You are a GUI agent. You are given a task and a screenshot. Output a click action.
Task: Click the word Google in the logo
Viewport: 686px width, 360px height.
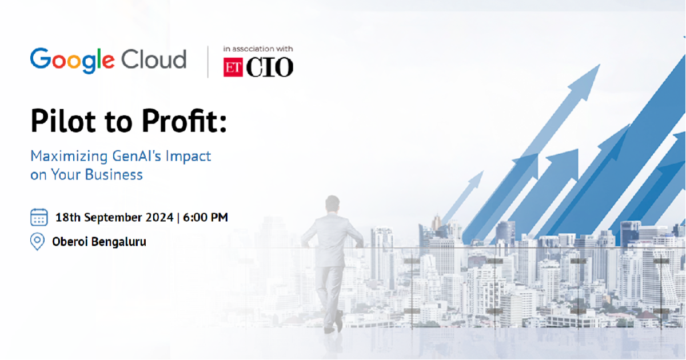click(x=72, y=61)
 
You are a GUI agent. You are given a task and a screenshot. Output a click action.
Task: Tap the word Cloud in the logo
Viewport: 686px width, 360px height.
click(x=154, y=59)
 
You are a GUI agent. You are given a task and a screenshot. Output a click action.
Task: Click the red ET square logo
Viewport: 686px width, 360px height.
click(x=233, y=67)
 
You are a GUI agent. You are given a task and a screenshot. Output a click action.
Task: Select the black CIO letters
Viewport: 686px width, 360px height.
click(x=269, y=67)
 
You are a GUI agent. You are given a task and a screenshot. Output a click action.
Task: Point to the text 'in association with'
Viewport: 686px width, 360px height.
click(x=258, y=49)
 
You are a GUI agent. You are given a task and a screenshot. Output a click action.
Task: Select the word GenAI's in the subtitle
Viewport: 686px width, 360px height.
click(x=137, y=156)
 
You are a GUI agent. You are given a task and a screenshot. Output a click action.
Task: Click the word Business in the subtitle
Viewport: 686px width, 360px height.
click(x=114, y=174)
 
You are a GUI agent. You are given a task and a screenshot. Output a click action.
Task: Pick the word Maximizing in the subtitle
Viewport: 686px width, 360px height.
click(x=69, y=157)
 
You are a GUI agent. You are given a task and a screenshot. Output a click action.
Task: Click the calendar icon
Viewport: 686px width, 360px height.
click(x=39, y=217)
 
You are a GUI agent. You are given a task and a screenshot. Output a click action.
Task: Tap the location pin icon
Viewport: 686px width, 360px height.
click(x=37, y=242)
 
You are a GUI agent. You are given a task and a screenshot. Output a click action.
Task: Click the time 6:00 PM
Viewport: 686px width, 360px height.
click(x=205, y=217)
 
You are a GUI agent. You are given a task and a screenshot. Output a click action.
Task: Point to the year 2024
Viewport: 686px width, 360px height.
click(x=159, y=217)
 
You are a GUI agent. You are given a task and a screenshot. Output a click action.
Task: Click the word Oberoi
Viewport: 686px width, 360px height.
click(x=70, y=242)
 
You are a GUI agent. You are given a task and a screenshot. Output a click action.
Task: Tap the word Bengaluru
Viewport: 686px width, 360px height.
click(x=118, y=242)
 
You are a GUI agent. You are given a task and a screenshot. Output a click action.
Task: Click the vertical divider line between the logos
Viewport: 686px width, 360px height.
click(x=208, y=62)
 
